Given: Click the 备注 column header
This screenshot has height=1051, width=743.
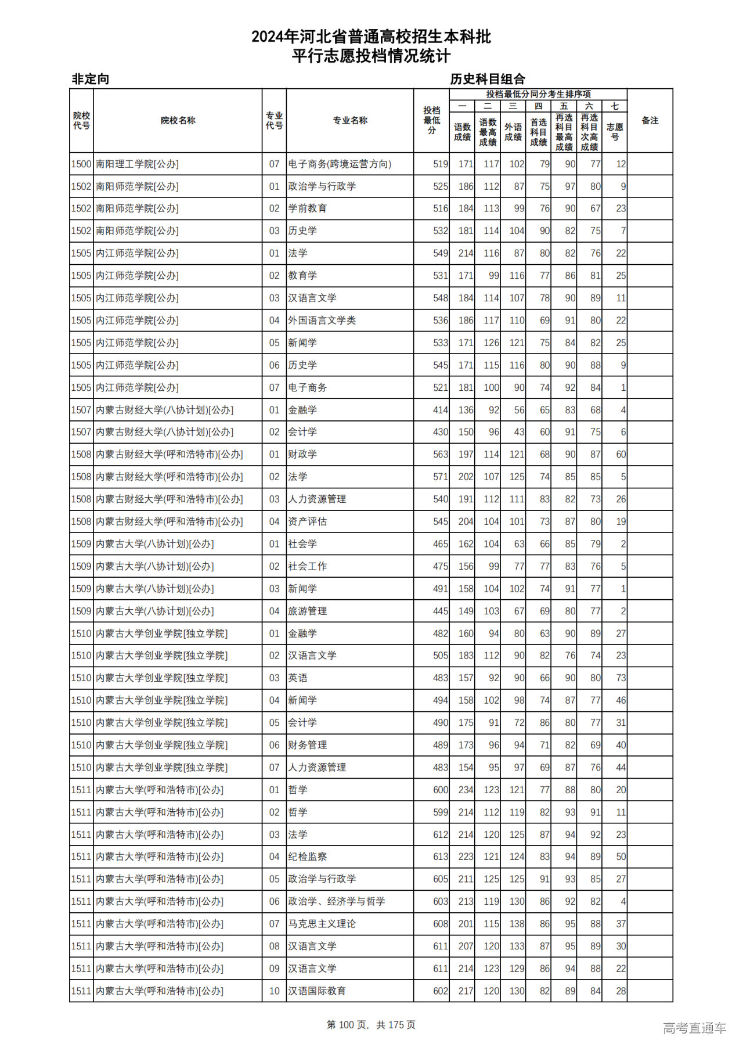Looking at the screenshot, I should [650, 120].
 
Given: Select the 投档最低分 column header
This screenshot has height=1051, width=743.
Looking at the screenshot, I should [431, 120].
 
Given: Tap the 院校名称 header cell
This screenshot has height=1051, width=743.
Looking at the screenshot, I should [178, 120].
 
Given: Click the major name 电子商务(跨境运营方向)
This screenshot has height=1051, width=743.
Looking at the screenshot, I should [340, 164].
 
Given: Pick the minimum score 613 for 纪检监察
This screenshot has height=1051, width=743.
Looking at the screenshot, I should [440, 856].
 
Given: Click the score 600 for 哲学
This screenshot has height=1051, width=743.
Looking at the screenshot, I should [440, 790].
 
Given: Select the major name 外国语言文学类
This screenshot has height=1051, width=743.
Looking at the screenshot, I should [322, 321].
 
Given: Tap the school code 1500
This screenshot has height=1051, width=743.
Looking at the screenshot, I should [81, 164].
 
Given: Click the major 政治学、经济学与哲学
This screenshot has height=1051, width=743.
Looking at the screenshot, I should [336, 901].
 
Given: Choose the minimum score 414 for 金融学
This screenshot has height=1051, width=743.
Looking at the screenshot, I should [440, 410].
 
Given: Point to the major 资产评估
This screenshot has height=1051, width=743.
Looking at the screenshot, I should [307, 521].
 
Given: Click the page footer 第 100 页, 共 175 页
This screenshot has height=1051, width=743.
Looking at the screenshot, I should [371, 1025].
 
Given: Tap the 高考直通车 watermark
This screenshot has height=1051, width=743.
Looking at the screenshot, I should [694, 1028].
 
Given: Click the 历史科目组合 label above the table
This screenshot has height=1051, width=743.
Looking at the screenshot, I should [488, 79].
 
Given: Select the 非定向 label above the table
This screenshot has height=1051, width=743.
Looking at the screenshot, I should [91, 79].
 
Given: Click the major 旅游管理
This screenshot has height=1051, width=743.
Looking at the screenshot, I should [307, 611].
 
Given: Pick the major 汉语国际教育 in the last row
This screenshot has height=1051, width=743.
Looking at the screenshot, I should [317, 991].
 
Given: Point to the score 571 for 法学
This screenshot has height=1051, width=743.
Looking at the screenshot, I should [440, 477].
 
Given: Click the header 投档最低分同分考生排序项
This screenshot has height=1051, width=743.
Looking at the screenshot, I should [538, 94].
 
